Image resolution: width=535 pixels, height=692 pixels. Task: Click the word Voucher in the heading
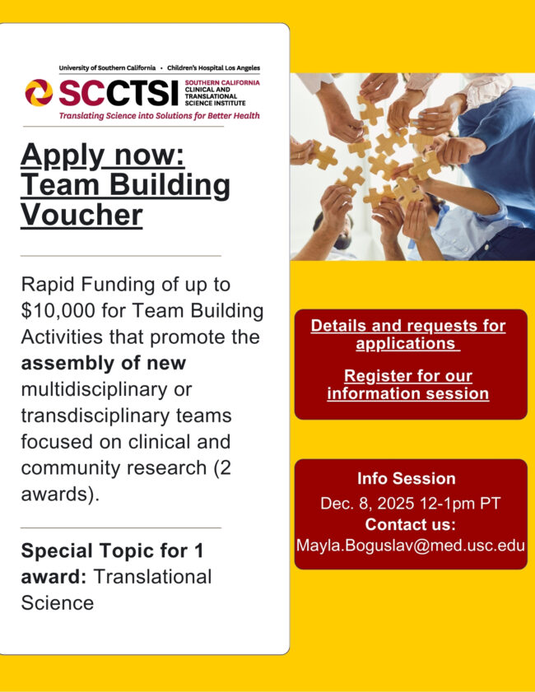click(x=81, y=216)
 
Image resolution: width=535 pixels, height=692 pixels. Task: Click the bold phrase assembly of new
click(x=104, y=363)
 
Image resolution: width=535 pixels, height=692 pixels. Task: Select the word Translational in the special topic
click(x=152, y=577)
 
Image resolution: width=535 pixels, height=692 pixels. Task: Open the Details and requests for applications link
click(x=408, y=334)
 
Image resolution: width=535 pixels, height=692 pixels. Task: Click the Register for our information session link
click(x=408, y=384)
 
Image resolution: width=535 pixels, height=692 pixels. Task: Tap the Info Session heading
click(x=406, y=479)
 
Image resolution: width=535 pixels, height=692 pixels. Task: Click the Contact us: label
click(x=410, y=524)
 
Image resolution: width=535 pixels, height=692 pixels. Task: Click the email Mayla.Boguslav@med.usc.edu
click(x=410, y=545)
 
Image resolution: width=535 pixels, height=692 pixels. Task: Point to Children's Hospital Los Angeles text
click(x=214, y=67)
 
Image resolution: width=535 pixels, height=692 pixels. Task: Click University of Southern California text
click(x=107, y=67)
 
